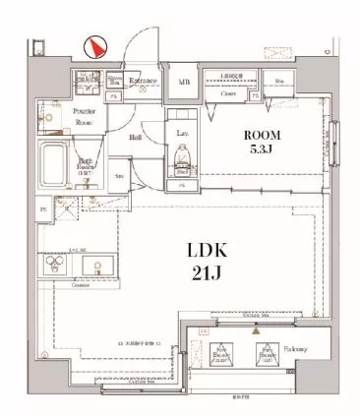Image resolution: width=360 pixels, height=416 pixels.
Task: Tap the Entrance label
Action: (x=146, y=83)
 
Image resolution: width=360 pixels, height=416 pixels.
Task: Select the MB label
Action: (x=184, y=84)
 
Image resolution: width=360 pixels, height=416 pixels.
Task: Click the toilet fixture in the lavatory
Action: (x=182, y=158)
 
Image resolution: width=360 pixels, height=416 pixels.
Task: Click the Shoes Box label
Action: (x=115, y=80)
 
